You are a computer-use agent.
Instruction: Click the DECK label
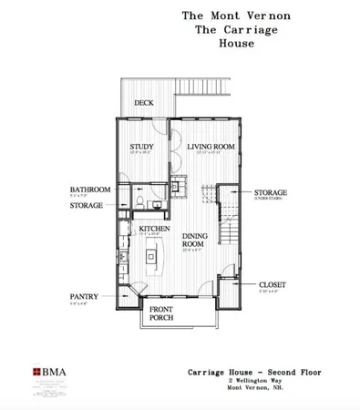pos(143,103)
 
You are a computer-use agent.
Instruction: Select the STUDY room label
pos(140,146)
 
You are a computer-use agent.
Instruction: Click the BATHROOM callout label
pos(90,190)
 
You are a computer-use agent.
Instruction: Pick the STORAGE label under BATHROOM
pos(86,205)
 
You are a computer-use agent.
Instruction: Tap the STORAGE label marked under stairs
pos(271,192)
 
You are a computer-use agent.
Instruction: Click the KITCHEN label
pos(151,229)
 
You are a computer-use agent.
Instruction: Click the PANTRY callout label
pos(84,296)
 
